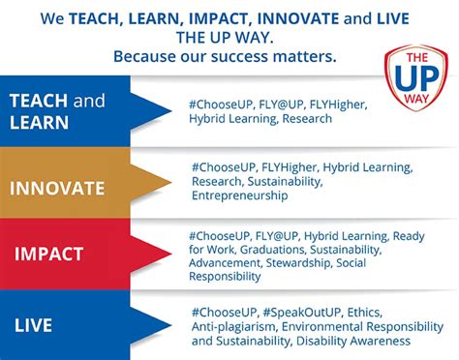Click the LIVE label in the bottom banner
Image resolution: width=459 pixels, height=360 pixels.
[x=32, y=325]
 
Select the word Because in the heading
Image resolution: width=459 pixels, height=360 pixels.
[x=146, y=54]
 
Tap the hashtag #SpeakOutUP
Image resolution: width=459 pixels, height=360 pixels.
[x=303, y=312]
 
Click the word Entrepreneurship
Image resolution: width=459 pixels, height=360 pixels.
[x=239, y=195]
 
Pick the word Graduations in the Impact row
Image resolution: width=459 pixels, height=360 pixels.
[x=270, y=249]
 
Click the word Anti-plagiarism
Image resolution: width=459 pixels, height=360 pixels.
[x=234, y=326]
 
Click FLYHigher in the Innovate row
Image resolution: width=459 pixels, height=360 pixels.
[x=288, y=165]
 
